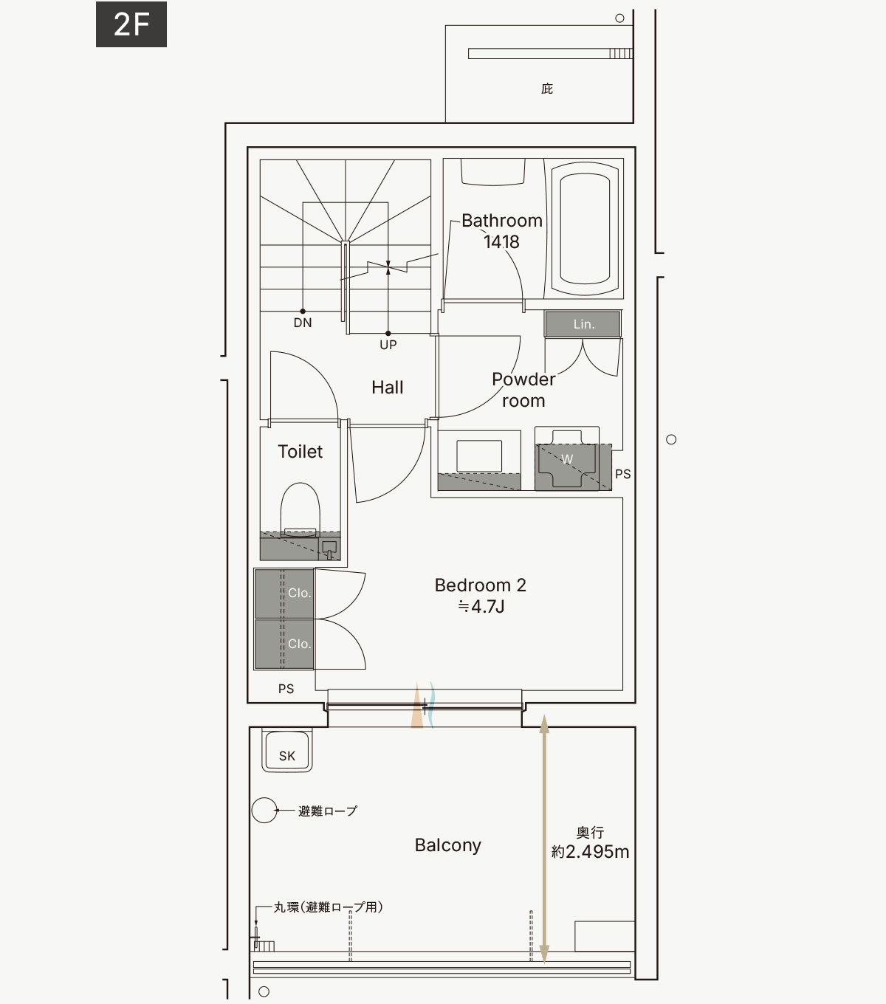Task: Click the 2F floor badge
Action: click(x=131, y=24)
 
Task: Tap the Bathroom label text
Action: click(x=502, y=221)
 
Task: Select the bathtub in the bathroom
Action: click(x=585, y=228)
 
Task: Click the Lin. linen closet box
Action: click(x=583, y=324)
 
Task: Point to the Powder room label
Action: click(x=523, y=390)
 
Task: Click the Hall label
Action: click(x=387, y=387)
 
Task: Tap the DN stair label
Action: click(x=303, y=323)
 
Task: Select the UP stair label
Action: click(x=388, y=345)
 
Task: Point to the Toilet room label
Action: click(x=300, y=452)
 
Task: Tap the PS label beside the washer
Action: click(x=622, y=474)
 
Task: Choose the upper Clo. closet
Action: click(x=284, y=594)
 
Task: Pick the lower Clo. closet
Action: click(x=284, y=644)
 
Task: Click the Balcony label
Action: click(x=447, y=845)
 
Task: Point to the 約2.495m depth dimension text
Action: click(x=590, y=851)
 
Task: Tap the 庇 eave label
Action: click(x=547, y=89)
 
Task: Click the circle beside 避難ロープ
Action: click(x=264, y=811)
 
